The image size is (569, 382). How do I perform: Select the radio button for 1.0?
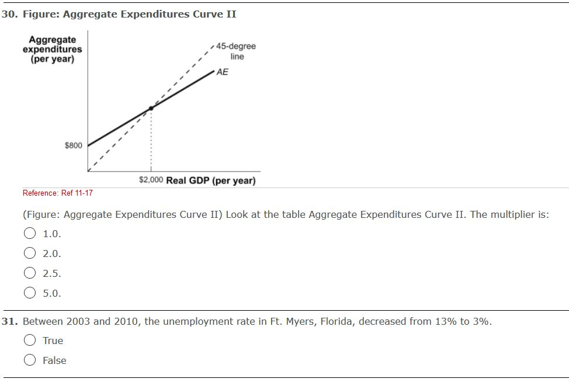click(x=29, y=234)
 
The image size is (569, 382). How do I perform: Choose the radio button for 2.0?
click(x=29, y=253)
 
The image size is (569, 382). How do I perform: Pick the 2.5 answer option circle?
click(x=29, y=273)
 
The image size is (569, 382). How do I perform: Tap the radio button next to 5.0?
click(x=29, y=293)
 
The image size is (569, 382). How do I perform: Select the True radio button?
click(x=29, y=341)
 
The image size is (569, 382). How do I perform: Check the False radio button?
click(x=29, y=360)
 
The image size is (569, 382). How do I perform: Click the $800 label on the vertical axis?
click(x=73, y=145)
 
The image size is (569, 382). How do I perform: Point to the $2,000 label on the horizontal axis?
click(x=151, y=180)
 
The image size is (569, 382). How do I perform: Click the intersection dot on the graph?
click(x=151, y=108)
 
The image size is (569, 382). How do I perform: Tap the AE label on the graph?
click(x=222, y=72)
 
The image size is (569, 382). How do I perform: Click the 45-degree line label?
click(x=236, y=51)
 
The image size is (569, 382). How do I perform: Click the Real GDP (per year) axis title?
click(x=211, y=180)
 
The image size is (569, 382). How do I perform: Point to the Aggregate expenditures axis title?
click(x=52, y=50)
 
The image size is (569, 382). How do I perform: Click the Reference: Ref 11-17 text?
click(x=57, y=193)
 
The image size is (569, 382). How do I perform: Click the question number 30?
click(x=9, y=14)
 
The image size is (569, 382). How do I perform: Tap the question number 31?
click(x=9, y=321)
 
